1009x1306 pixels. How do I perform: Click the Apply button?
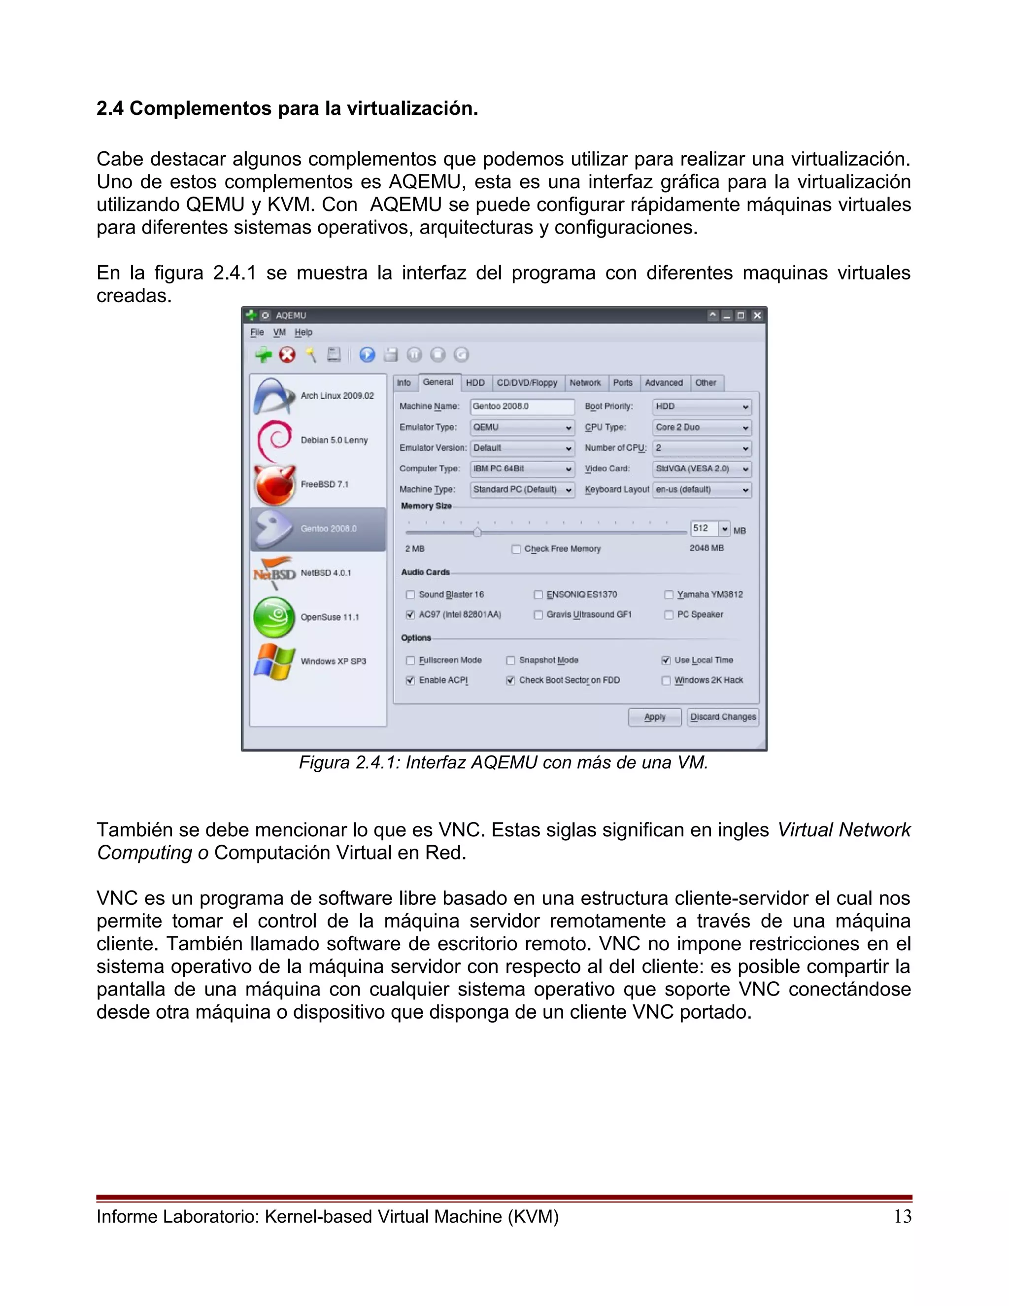coord(655,717)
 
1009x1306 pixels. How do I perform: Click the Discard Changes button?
coord(723,717)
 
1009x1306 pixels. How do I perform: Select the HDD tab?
coord(475,383)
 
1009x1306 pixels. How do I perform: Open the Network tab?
coord(585,383)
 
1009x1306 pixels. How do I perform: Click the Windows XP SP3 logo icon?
coord(274,661)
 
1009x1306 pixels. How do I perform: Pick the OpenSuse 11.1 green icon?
coord(274,617)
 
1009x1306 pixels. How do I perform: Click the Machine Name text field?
coord(522,407)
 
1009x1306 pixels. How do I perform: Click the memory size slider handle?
coord(477,532)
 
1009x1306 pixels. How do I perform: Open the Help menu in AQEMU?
coord(303,333)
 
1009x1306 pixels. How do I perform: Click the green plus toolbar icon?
coord(263,355)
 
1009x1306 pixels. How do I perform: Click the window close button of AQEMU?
coord(757,315)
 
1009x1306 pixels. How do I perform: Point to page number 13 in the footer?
coord(902,1216)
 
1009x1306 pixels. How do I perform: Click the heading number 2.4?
coord(110,109)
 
